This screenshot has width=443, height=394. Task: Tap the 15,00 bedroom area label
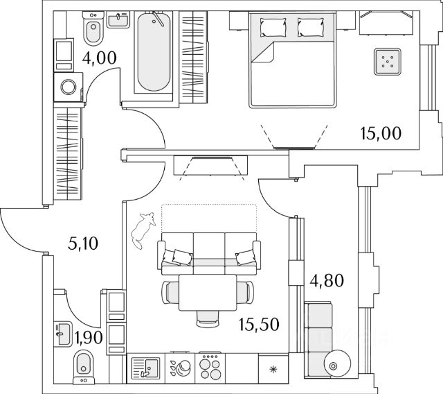click(x=381, y=131)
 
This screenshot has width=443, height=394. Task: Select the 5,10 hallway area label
click(x=83, y=243)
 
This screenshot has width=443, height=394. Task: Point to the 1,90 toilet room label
click(x=87, y=338)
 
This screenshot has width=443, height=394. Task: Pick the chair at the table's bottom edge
click(x=204, y=316)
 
